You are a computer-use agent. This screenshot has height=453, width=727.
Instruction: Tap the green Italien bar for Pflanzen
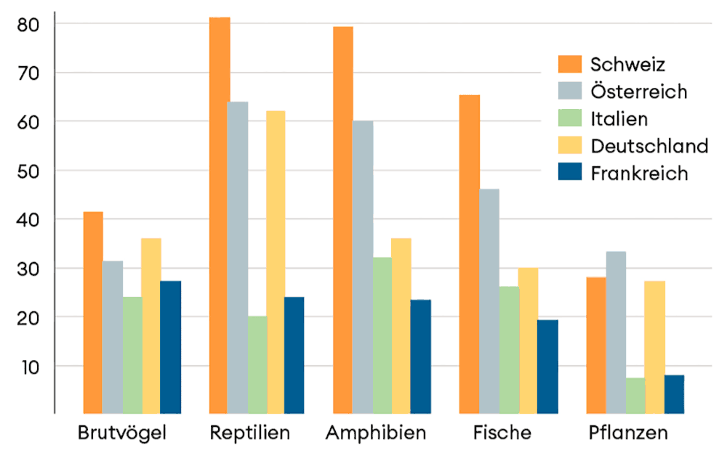635,396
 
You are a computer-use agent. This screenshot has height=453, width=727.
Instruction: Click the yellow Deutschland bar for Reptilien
276,262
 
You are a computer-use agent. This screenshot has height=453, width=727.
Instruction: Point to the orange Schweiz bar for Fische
470,254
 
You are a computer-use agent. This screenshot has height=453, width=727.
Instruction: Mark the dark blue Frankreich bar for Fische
547,367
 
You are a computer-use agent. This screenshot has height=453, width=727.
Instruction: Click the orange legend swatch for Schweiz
571,64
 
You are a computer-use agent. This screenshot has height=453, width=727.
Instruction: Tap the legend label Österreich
639,91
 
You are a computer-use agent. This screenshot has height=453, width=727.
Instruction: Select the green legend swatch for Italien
571,118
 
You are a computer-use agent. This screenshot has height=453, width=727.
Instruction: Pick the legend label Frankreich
639,174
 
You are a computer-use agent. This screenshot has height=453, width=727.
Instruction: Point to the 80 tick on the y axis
28,24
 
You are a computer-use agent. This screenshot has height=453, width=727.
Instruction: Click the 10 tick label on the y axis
28,366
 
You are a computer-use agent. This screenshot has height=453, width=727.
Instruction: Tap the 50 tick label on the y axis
28,171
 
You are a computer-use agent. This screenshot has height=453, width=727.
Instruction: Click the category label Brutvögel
122,433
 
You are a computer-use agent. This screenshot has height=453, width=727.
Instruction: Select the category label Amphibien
376,433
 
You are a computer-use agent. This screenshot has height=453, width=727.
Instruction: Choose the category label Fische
502,433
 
